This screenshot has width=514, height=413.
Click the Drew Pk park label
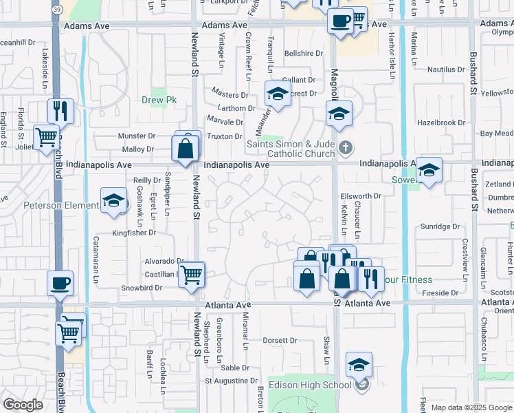(x=159, y=100)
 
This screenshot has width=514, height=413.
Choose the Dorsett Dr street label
(x=280, y=340)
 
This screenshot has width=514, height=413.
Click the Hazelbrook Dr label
(x=442, y=123)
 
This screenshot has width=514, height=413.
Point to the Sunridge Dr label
(x=440, y=226)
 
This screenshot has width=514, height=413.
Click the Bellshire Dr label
(x=303, y=53)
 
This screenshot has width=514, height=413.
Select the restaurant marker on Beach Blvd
(x=60, y=110)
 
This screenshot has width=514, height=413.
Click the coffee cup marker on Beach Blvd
(x=60, y=282)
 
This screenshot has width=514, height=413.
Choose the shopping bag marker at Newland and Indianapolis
(x=186, y=148)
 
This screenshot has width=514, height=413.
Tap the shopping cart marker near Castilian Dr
(x=192, y=275)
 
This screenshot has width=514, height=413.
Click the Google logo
(x=23, y=405)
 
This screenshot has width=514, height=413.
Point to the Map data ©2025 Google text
(x=471, y=407)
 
